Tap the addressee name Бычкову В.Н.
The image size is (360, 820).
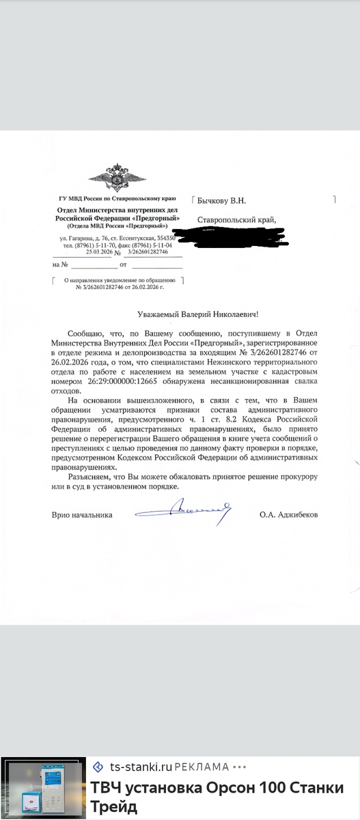pyautogui.click(x=220, y=200)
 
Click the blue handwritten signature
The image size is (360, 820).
pyautogui.click(x=184, y=508)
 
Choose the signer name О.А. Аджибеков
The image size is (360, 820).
pyautogui.click(x=288, y=513)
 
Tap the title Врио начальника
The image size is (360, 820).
pyautogui.click(x=82, y=513)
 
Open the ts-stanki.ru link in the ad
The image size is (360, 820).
pyautogui.click(x=135, y=767)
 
